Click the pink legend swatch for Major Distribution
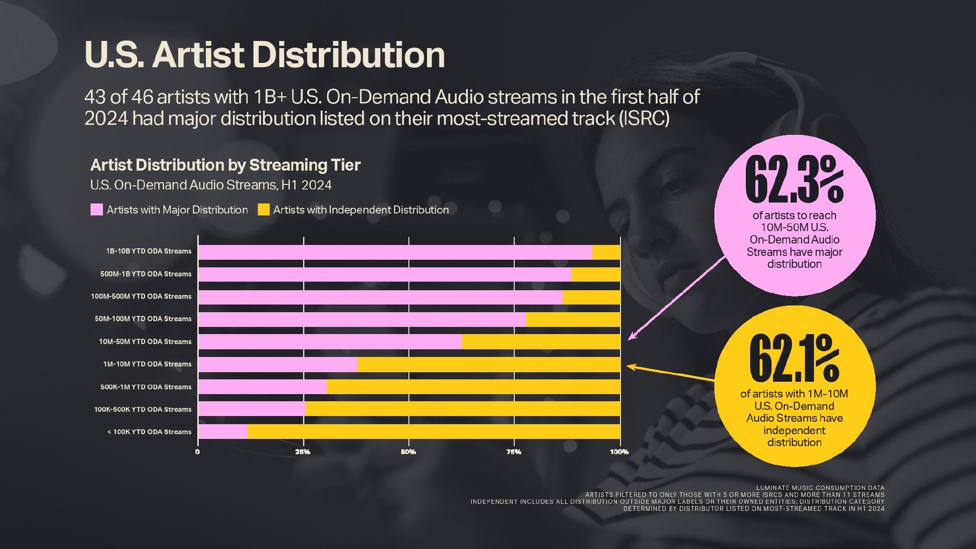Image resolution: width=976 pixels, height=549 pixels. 97,210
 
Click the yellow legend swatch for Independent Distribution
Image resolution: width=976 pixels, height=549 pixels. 264,210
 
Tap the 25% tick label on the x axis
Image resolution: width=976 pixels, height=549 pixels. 303,452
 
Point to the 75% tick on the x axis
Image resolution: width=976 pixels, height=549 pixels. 514,452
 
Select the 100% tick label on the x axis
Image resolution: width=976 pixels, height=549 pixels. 619,452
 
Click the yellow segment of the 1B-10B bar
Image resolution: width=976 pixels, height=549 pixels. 606,252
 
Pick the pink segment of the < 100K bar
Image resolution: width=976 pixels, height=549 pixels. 223,432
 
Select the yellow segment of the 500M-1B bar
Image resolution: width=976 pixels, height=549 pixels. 596,274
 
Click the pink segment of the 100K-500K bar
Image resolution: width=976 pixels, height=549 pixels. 252,409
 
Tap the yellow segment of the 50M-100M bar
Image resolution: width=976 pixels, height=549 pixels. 573,319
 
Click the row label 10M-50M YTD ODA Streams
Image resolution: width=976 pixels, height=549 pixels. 145,342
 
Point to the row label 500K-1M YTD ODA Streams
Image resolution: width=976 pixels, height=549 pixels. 145,387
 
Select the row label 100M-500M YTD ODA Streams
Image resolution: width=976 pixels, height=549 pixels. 141,296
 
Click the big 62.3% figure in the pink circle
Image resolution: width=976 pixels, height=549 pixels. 794,180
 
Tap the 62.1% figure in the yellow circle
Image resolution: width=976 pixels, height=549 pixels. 794,358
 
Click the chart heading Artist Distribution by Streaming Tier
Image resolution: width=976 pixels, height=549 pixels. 225,165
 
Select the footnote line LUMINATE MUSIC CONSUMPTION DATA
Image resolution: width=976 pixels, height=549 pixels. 820,488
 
